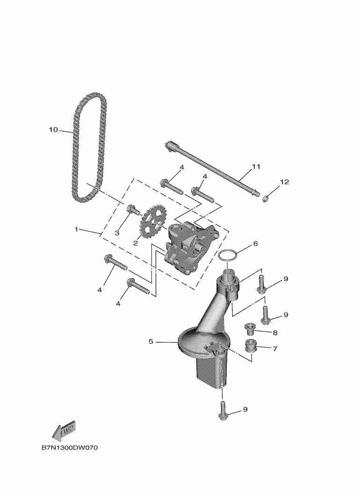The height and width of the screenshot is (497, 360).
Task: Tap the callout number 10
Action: coord(53,129)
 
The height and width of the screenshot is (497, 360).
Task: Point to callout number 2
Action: coord(135,243)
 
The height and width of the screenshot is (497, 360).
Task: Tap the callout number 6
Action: coord(255,243)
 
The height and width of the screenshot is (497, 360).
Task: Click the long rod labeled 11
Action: coord(215,170)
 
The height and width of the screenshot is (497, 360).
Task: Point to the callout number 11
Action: coord(256,166)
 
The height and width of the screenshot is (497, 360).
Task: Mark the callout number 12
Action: coord(284,182)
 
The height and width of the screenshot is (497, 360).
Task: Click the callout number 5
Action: coord(151,341)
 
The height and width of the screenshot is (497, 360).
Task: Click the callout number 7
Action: coord(274,348)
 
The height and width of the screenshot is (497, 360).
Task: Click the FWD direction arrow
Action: coord(63,431)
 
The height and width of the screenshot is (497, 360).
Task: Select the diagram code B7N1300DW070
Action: coord(70,448)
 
